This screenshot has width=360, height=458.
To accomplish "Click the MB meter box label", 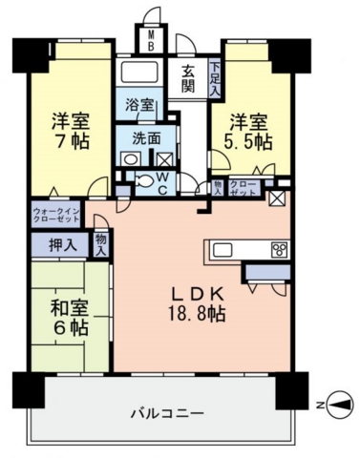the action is pos(152,40).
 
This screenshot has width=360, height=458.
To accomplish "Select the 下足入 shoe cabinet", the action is pos(215,78).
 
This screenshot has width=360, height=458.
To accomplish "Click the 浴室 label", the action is pos(139,105).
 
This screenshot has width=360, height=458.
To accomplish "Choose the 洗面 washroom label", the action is pos(146,139).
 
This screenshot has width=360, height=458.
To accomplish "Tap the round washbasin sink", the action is pos(131,158).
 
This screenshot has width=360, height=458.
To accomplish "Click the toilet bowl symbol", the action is pos(144,181).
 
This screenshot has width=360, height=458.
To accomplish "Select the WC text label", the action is pos(162,183).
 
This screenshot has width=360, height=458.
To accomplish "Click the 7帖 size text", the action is pos(72,142).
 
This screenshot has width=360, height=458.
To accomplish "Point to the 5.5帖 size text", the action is pos(248,142).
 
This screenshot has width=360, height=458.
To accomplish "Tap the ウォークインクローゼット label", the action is pos(55,215).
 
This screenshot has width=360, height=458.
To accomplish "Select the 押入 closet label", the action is pos(63,245).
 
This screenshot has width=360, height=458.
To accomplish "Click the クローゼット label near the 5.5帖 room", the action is pos(243,188).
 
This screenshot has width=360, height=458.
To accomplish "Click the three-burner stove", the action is pos(280,249).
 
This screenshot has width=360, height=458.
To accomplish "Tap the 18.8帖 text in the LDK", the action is pos(197,315).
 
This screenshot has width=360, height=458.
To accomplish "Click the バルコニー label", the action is pos(167,413).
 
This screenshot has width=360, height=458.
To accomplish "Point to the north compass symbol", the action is pos(341,405).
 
